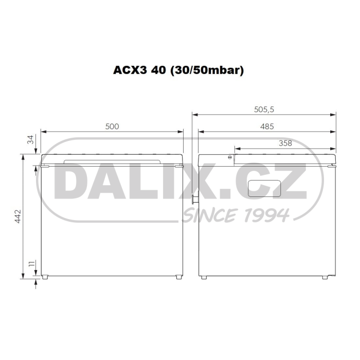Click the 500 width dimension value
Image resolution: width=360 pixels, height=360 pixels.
112,127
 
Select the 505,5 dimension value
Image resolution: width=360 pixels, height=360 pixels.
264,110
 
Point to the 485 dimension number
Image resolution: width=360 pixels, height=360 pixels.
267,127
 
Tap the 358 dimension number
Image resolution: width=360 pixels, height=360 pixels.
285,143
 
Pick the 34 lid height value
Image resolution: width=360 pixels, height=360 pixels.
30,139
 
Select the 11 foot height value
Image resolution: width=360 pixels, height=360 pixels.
32,263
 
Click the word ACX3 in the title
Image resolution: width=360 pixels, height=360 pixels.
130,70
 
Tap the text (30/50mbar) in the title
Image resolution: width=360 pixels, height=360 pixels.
206,70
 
